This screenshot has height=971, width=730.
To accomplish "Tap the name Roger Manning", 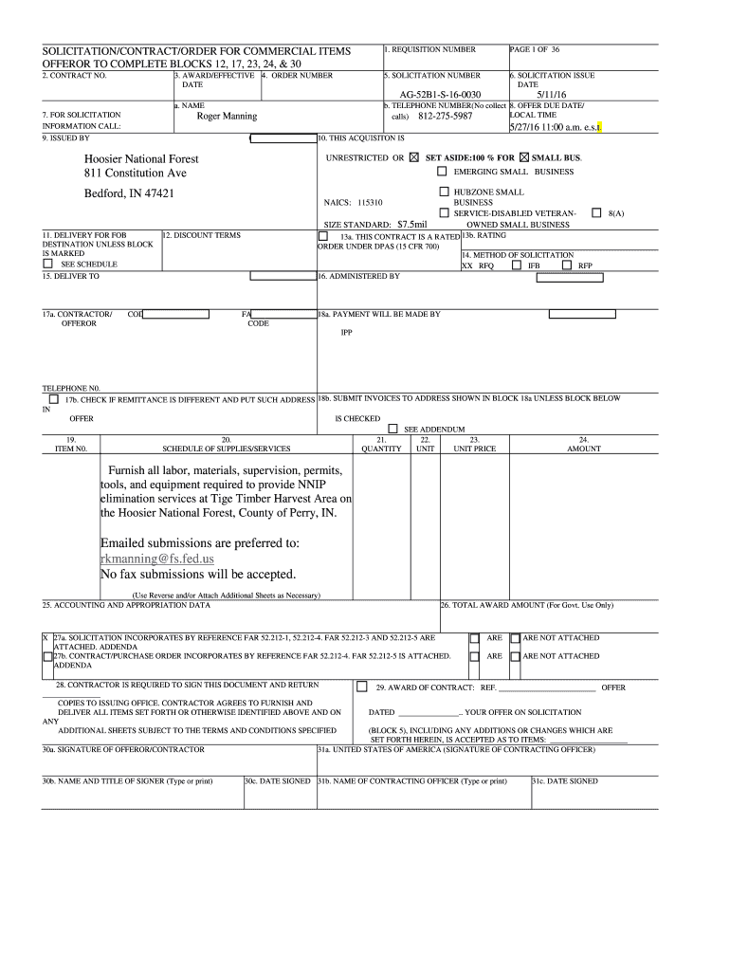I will [227, 117].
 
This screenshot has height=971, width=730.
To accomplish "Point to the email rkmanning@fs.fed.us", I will [157, 559].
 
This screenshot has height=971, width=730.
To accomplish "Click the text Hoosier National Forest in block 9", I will [141, 158].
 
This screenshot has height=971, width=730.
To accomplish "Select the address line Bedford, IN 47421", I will [128, 193].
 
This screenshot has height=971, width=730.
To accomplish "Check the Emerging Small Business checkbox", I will [442, 172].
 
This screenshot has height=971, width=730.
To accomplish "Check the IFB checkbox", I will [517, 266].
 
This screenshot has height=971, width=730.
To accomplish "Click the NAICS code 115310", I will [370, 203].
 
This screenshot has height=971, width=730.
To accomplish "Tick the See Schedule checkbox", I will [48, 264].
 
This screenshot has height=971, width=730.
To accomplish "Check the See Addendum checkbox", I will [392, 429].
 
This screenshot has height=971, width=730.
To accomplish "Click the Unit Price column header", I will [475, 449].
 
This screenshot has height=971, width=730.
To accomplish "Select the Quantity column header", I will [381, 449].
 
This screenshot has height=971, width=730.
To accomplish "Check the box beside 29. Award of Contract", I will [361, 687].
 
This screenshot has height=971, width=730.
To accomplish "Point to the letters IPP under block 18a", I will [347, 333].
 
